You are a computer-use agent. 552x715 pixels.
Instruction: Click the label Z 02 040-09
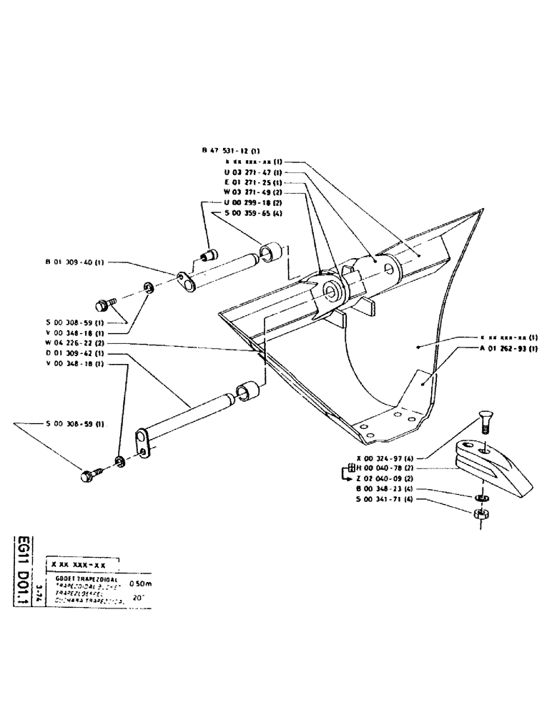coord(384,478)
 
